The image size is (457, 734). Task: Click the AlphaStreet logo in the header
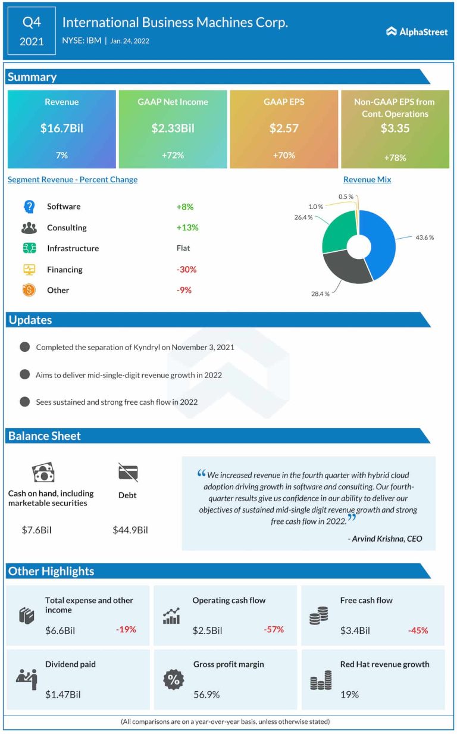[x=417, y=32]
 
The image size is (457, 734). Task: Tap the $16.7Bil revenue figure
[x=62, y=127]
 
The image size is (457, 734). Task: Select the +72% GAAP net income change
[x=173, y=155]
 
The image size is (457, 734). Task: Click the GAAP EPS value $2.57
[x=284, y=127]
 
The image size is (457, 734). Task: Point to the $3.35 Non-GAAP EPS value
[x=395, y=128]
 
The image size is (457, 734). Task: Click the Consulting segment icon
[x=29, y=227]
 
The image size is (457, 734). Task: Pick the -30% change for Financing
[x=186, y=269]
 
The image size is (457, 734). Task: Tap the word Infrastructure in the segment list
[x=73, y=248]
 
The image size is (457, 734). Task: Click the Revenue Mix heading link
[x=367, y=179]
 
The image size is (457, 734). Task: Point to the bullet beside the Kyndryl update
[x=24, y=347]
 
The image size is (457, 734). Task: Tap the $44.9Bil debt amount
[x=130, y=529]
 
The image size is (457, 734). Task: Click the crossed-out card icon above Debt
[x=128, y=473]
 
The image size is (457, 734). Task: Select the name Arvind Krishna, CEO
[x=384, y=539]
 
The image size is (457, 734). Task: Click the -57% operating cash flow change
[x=274, y=629]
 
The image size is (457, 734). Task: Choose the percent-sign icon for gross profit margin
[x=174, y=679]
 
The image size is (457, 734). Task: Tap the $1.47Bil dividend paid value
[x=63, y=694]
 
